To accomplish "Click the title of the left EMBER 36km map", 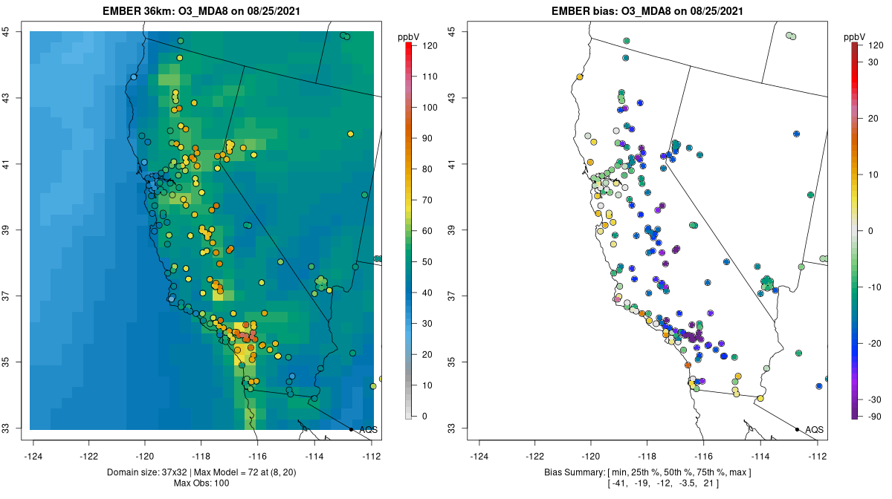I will click(x=203, y=10).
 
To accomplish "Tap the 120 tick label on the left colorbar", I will click(x=429, y=45).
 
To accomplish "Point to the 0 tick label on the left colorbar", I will click(x=424, y=416).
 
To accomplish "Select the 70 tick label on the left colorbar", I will click(x=429, y=200).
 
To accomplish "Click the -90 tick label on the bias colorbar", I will click(x=876, y=416).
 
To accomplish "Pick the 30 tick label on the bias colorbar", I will click(x=876, y=62).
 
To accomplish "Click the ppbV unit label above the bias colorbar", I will click(x=856, y=36).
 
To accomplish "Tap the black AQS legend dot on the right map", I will click(x=797, y=429).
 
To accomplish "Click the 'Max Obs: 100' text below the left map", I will click(x=202, y=483).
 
